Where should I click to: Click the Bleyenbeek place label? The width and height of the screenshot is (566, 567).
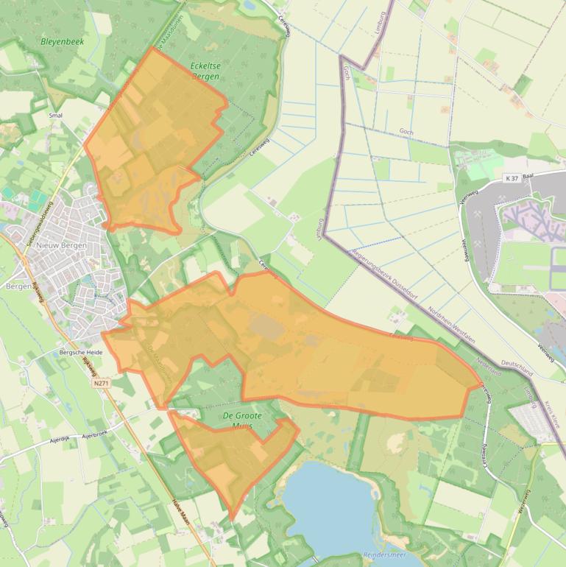coord(63,42)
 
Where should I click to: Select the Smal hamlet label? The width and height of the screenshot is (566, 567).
coord(55,116)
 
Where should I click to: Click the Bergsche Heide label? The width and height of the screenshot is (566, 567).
coord(81,353)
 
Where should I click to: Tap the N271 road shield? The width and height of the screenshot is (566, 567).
coord(102,384)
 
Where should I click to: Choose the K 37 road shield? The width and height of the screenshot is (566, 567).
coord(512,178)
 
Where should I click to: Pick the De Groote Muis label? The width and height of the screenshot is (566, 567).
coord(242,420)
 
